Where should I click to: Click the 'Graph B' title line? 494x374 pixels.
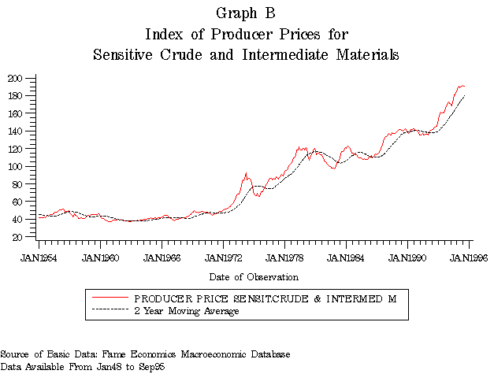point(246,13)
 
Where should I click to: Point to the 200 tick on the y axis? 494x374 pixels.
point(15,79)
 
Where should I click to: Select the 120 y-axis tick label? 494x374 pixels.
point(15,149)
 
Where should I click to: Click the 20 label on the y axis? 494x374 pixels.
point(17,236)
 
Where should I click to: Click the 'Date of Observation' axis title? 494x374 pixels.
point(254,277)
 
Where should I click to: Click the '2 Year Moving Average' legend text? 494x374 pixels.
point(187,311)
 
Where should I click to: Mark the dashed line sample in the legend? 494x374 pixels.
point(110,311)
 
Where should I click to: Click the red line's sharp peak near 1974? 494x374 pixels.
point(247,173)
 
